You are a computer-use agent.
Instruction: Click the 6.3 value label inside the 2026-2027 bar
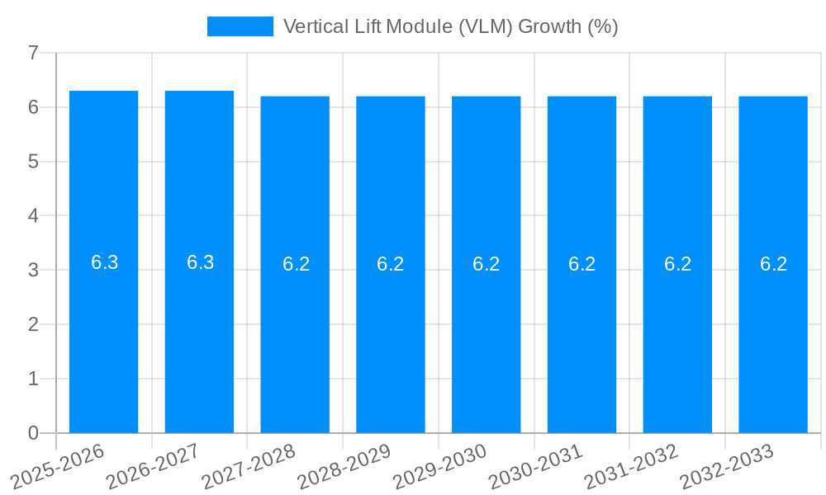click(x=200, y=262)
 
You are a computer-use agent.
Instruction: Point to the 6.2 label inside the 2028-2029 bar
click(x=391, y=264)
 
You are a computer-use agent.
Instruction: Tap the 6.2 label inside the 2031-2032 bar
click(x=677, y=264)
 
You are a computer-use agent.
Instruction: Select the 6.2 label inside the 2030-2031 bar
click(x=582, y=264)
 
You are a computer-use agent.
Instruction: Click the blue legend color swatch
click(x=240, y=26)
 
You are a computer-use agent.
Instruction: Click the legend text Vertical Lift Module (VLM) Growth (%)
click(x=450, y=26)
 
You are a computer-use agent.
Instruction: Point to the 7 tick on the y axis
click(x=33, y=53)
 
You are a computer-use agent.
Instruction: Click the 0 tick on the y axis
click(x=33, y=433)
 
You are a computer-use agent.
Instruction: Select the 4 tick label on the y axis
click(x=33, y=216)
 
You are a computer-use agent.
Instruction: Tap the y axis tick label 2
click(x=33, y=324)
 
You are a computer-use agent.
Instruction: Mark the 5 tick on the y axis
click(x=33, y=162)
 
